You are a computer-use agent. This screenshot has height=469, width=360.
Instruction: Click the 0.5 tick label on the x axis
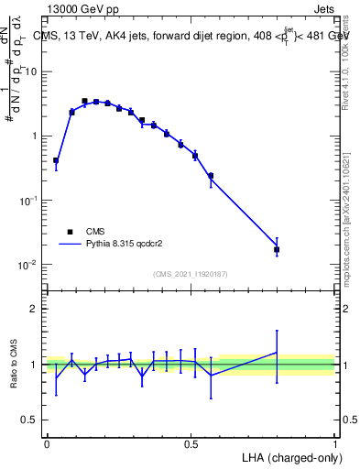(191, 443)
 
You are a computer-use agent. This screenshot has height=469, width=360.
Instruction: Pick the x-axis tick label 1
(335, 443)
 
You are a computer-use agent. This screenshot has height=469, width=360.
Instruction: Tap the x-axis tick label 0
(47, 443)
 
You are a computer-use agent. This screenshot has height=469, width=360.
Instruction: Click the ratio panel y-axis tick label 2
(35, 309)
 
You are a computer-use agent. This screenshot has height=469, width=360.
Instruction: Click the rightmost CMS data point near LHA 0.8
(277, 249)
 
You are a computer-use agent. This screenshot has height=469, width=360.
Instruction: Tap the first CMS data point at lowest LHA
(56, 160)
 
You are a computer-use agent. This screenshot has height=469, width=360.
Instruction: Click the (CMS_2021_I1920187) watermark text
(190, 273)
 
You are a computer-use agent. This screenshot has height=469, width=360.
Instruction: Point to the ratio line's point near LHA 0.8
(277, 352)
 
